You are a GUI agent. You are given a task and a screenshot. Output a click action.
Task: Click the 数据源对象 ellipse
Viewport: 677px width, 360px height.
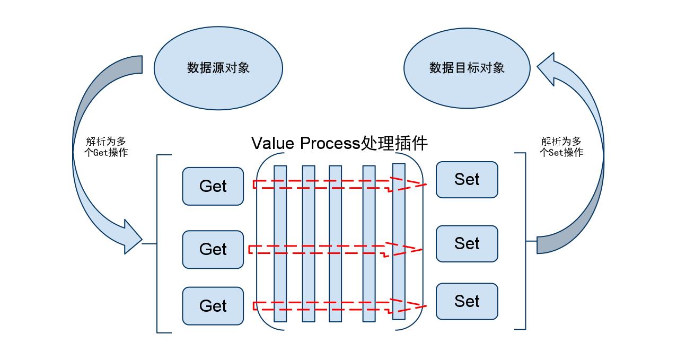pos(217,68)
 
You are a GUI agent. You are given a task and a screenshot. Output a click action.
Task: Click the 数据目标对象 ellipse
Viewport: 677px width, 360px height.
pos(467,68)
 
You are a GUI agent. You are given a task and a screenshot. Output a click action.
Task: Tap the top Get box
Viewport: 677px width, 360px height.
pos(213,186)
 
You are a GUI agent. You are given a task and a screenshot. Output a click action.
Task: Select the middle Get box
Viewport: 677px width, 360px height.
pos(213,249)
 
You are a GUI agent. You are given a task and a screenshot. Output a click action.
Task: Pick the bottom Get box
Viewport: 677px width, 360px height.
pos(213,306)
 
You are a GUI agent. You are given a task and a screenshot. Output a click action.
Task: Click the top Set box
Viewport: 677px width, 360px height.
pos(467,180)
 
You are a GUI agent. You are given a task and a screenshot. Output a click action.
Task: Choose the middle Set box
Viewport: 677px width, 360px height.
pos(467,243)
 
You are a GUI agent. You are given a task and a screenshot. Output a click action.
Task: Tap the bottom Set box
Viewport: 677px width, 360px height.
pos(467,301)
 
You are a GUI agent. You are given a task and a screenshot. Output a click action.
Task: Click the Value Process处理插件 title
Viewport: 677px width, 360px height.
pos(339,143)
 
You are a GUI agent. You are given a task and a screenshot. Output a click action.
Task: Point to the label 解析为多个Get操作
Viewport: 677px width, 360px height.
pos(107,147)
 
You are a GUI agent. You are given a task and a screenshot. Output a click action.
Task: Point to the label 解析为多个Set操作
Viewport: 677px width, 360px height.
pos(561,147)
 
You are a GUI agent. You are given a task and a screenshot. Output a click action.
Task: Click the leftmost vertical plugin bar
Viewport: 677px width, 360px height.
pos(280,244)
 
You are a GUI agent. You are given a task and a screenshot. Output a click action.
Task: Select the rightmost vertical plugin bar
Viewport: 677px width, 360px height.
pos(399,241)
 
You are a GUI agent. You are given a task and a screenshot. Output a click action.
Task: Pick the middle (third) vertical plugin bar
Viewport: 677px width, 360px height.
pos(335,244)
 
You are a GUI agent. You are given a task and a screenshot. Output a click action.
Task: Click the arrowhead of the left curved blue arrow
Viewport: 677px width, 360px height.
pos(130,238)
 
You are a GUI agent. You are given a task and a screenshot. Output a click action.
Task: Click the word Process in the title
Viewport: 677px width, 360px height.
pos(329,144)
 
